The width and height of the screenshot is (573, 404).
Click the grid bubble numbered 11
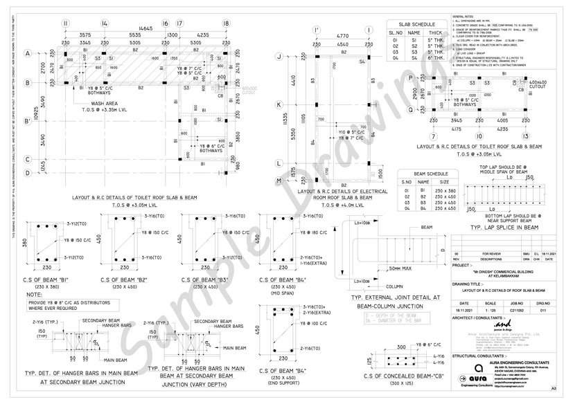pos(66,24)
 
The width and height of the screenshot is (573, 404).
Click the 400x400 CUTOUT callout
pos(538,86)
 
